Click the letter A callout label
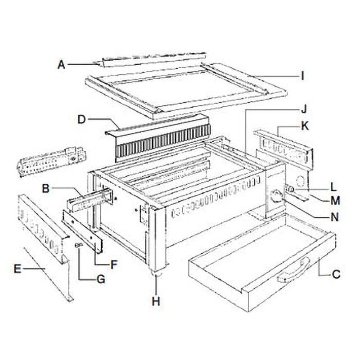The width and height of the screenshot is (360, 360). click(62, 65)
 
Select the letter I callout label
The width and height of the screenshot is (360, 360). click(302, 76)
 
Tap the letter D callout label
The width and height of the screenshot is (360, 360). click(81, 119)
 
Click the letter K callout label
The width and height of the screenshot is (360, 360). click(305, 127)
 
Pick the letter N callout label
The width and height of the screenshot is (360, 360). click(334, 217)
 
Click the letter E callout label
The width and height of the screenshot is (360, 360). click(18, 270)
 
